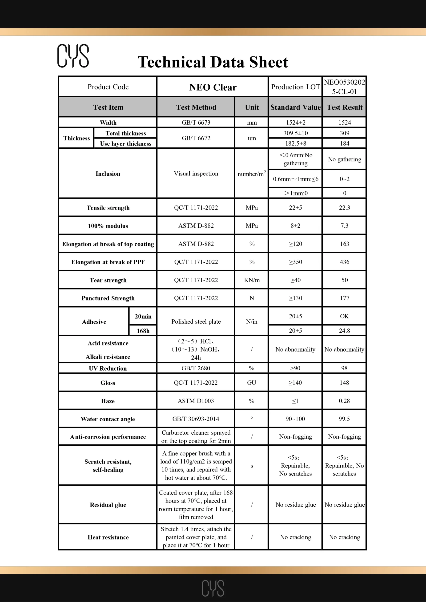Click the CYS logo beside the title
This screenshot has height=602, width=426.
click(x=73, y=55)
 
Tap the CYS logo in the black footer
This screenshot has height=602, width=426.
click(x=213, y=588)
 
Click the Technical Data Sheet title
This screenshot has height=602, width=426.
click(x=213, y=62)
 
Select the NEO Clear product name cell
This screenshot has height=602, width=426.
click(x=213, y=87)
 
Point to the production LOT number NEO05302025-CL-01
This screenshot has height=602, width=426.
click(x=344, y=87)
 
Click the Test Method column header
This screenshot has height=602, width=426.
click(x=196, y=107)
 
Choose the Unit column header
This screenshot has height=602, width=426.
click(x=252, y=107)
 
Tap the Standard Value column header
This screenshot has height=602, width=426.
click(x=296, y=107)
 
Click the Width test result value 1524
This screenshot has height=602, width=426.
click(x=344, y=123)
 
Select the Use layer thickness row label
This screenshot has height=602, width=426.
click(x=125, y=144)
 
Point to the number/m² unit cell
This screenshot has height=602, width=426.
click(x=252, y=174)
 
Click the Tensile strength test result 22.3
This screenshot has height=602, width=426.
click(x=344, y=208)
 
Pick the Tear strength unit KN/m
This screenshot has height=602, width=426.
click(x=252, y=280)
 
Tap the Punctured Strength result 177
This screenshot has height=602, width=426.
click(x=344, y=298)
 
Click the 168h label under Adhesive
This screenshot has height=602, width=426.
click(x=143, y=331)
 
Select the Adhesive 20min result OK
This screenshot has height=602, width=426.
click(x=344, y=316)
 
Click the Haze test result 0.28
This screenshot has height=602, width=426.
click(x=344, y=401)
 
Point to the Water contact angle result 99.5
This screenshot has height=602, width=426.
click(x=344, y=419)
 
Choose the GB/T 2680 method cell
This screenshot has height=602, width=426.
click(x=196, y=368)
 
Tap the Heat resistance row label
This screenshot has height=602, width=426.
click(x=108, y=537)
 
